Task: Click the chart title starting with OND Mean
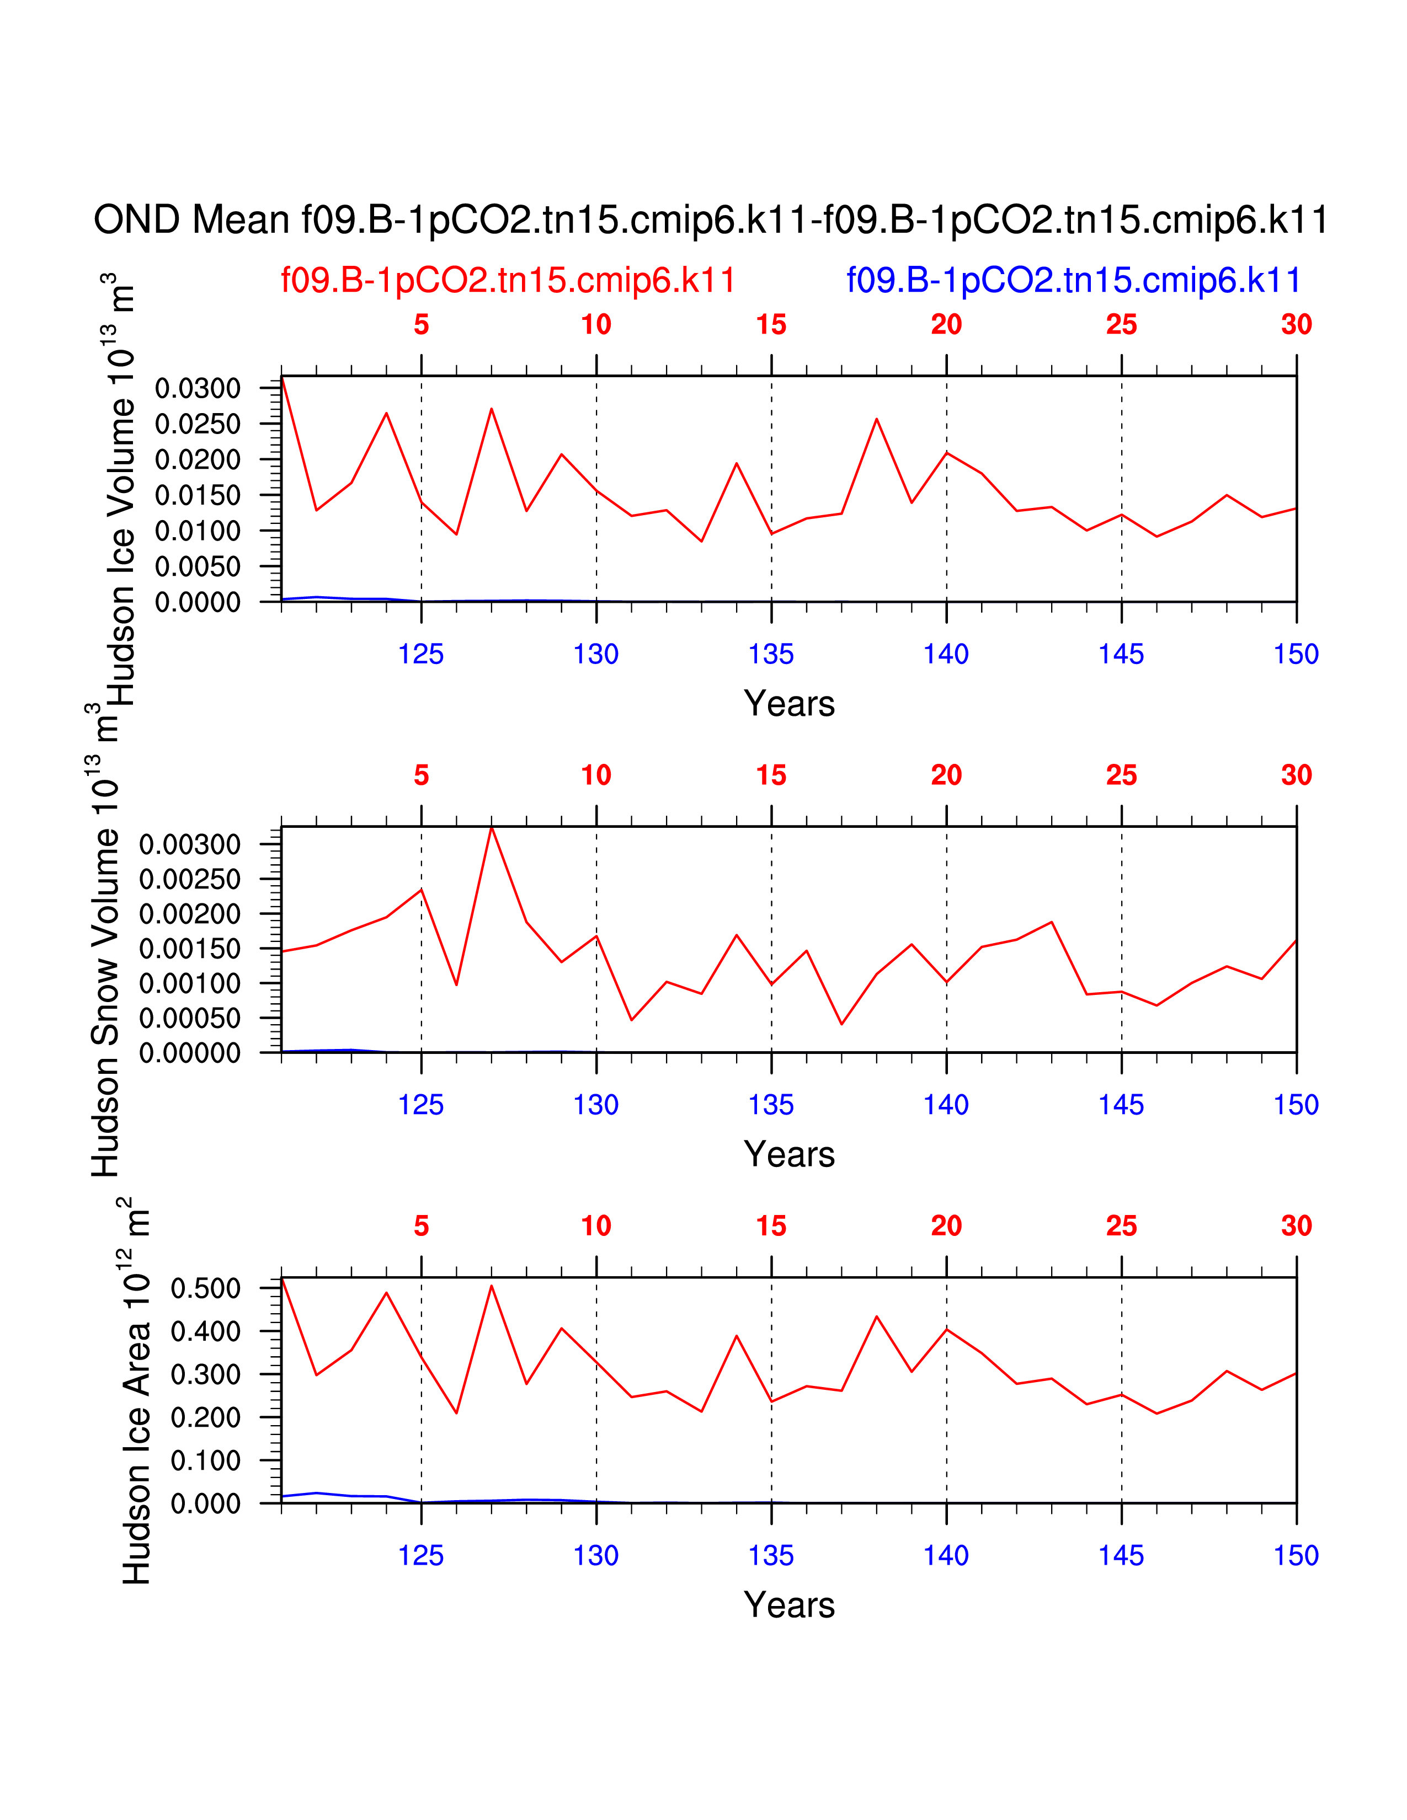[710, 220]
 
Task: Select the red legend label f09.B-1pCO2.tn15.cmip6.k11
[508, 280]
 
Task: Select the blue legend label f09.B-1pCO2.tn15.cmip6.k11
[1074, 280]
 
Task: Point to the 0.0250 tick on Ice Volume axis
[198, 424]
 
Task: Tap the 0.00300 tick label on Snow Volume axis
[190, 844]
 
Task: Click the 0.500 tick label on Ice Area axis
[205, 1288]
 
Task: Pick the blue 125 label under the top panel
[421, 654]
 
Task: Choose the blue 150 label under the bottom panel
[1296, 1556]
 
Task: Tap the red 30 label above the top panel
[1296, 325]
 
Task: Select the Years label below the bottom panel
[788, 1605]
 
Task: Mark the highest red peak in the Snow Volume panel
[492, 827]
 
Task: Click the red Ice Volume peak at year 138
[876, 419]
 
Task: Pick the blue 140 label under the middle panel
[946, 1105]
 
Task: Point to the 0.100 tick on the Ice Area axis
[205, 1460]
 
